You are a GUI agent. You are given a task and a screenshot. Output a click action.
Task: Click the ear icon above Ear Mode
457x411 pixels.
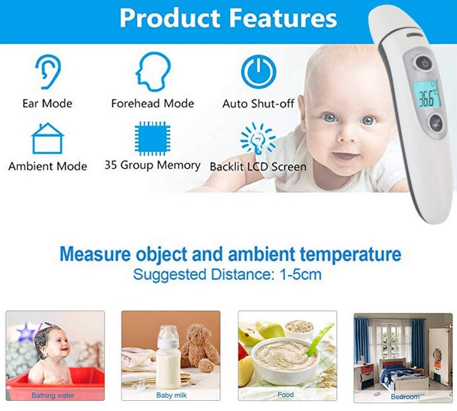(47, 72)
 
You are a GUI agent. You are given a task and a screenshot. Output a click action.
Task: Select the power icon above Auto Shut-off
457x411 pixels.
(258, 72)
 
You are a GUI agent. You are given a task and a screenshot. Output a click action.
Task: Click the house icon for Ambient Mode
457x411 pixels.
(47, 138)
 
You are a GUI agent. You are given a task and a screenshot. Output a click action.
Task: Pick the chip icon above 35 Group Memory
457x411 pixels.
(153, 139)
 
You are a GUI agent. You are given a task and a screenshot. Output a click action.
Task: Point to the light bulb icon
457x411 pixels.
(258, 139)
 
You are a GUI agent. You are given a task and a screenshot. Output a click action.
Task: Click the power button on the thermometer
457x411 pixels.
(424, 63)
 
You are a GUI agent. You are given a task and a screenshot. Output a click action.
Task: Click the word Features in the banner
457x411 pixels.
(283, 18)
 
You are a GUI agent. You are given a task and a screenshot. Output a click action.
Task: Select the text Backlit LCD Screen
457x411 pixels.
(258, 166)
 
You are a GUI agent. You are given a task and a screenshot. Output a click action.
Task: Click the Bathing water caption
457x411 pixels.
(53, 395)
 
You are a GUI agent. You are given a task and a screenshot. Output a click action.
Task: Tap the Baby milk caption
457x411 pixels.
(171, 395)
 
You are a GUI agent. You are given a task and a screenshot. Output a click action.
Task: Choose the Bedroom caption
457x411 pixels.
(405, 397)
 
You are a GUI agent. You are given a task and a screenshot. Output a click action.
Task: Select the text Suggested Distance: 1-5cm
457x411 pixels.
(227, 274)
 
